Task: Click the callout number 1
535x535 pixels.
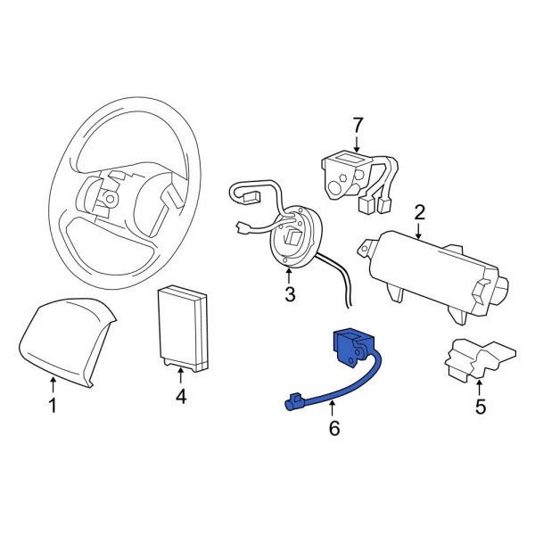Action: tap(53, 407)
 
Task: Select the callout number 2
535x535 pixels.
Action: tap(418, 212)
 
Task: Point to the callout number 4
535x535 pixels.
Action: tap(181, 397)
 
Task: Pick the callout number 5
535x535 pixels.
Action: tap(480, 410)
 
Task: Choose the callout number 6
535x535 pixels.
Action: tap(334, 429)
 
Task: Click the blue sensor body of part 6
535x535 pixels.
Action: tap(349, 345)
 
